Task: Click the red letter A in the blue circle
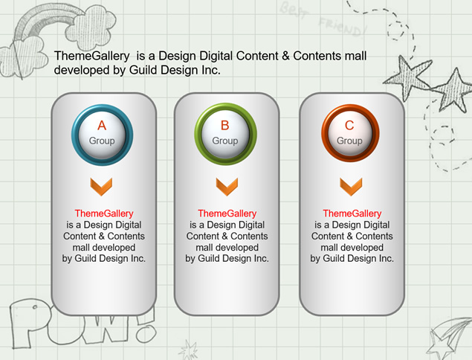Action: (x=102, y=125)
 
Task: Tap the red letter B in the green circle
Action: (x=225, y=125)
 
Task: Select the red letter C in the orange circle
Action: (x=349, y=125)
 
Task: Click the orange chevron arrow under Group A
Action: (x=101, y=187)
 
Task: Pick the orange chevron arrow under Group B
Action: (x=227, y=187)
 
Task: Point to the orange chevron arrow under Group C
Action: (x=351, y=187)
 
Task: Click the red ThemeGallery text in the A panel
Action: (x=104, y=213)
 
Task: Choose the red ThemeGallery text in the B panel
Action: (x=227, y=213)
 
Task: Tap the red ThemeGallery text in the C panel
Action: (x=352, y=213)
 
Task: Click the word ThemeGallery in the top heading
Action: (x=92, y=56)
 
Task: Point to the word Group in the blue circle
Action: (x=102, y=141)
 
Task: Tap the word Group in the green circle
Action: (x=225, y=141)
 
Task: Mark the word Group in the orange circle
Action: (x=349, y=141)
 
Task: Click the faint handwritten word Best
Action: (x=293, y=10)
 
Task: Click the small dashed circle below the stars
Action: (x=442, y=135)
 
